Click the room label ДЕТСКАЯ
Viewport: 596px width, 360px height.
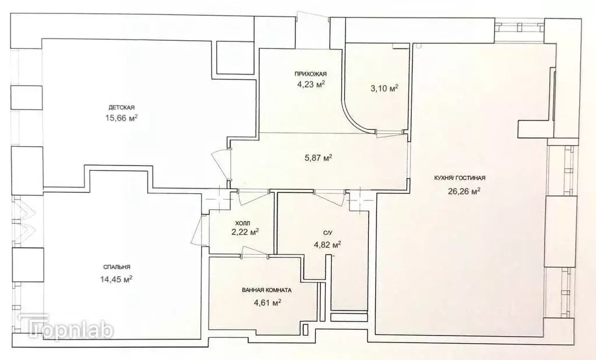tap(122, 107)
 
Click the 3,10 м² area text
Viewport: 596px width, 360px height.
tap(384, 89)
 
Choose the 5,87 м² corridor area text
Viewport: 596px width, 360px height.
tap(319, 157)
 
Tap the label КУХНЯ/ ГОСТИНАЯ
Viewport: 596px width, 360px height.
tap(460, 179)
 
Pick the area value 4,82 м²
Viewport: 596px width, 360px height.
tap(327, 245)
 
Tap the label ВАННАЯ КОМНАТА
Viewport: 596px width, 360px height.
tap(267, 290)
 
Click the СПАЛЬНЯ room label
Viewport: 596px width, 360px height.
tap(115, 267)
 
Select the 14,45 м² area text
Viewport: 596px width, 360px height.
tap(116, 278)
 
